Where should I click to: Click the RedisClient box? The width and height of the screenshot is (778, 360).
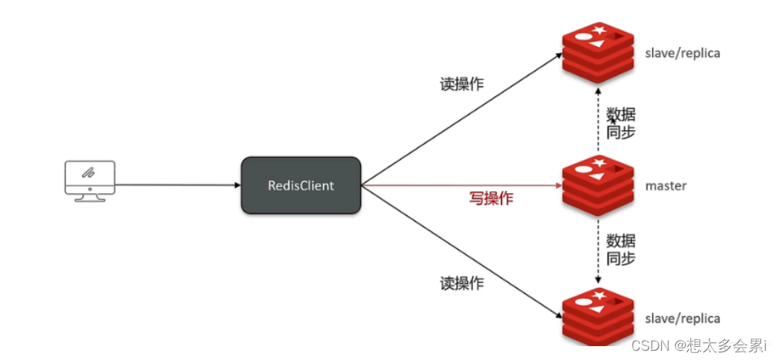tap(301, 185)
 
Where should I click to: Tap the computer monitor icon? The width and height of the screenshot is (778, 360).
tap(89, 180)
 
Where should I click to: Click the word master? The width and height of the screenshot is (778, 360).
tap(666, 185)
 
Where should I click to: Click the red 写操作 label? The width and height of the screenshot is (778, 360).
tap(491, 198)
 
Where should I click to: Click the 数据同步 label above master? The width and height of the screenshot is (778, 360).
tap(621, 123)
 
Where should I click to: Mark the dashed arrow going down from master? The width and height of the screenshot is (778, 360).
tap(598, 248)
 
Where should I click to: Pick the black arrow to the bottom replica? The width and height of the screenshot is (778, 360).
tap(461, 251)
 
